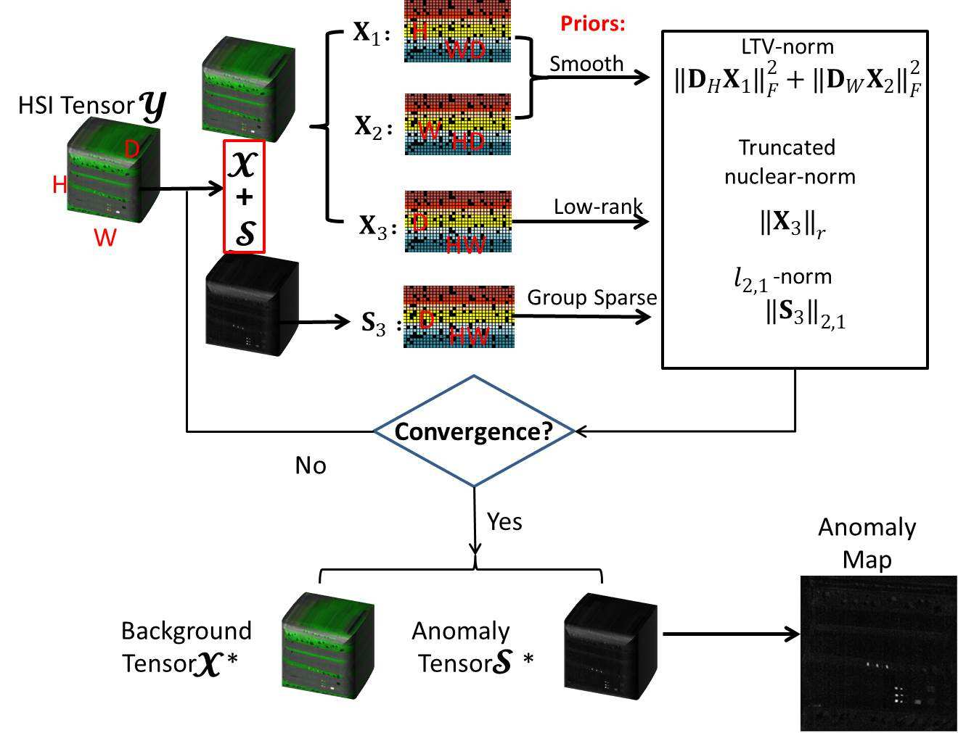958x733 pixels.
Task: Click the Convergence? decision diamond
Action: [473, 431]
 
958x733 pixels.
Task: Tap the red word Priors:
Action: [592, 23]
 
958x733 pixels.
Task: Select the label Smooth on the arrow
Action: [586, 64]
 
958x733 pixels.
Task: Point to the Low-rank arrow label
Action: [597, 207]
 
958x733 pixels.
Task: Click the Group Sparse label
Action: [591, 297]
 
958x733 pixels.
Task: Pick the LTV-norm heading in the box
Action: [787, 47]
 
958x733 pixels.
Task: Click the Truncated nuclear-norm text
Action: [789, 162]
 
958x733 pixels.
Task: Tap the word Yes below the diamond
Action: [504, 521]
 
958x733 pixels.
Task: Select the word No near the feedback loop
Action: [311, 465]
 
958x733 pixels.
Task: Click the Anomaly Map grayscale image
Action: [878, 653]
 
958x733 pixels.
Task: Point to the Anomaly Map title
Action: [867, 542]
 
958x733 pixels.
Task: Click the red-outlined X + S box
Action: [244, 196]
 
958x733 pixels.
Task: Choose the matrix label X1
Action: [371, 33]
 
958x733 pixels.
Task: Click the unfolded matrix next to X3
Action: [457, 221]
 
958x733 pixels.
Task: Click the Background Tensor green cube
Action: [327, 645]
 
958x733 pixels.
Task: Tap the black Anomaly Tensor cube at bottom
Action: [610, 645]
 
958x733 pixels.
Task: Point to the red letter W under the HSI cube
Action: [105, 237]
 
